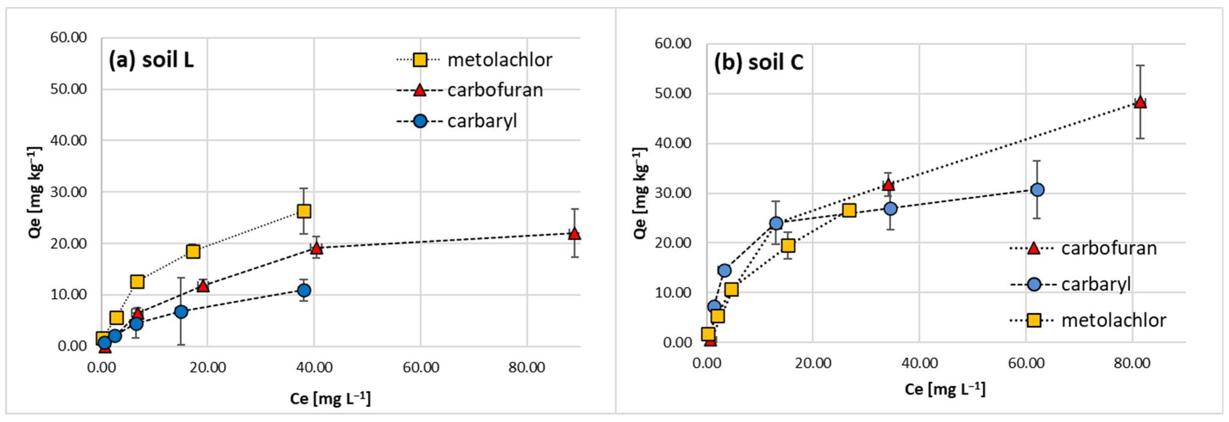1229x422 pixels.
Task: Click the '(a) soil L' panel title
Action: [x=151, y=60]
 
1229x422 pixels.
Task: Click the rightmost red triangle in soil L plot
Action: [x=574, y=233]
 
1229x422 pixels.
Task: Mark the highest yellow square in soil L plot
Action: [x=304, y=211]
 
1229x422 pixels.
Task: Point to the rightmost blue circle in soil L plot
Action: [x=304, y=290]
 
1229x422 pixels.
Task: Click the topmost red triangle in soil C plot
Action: [x=1140, y=102]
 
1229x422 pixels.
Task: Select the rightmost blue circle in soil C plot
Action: [x=1037, y=190]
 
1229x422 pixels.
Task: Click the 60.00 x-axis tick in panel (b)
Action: [x=1026, y=363]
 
